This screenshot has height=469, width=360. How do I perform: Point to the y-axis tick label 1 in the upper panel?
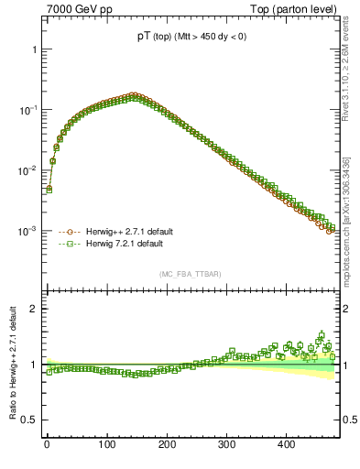click(34, 49)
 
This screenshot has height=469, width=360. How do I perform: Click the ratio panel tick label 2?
click(34, 309)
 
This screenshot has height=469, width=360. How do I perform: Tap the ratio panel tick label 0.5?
click(30, 420)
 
